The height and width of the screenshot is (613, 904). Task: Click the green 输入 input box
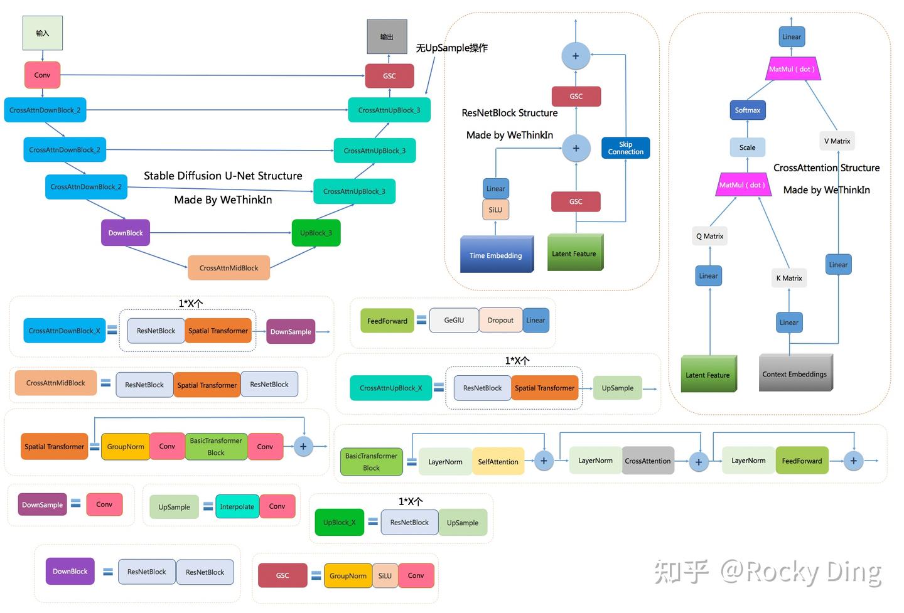point(43,33)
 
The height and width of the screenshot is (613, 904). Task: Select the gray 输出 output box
point(387,36)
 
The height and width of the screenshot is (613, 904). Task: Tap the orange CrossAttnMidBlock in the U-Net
point(229,268)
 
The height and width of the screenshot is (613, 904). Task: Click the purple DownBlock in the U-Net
point(126,233)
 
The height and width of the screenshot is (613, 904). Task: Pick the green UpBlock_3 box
point(316,233)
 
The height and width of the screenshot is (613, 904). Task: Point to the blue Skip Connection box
point(625,148)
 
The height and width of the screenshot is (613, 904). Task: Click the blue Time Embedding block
point(496,255)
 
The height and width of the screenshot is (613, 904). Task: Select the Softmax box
point(747,110)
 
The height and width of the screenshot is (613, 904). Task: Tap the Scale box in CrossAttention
point(747,147)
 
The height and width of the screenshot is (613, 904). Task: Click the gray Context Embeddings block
point(795,374)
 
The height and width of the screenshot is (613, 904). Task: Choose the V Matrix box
point(837,141)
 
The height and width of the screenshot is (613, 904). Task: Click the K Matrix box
point(789,278)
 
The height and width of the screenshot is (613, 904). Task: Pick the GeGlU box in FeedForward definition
point(454,320)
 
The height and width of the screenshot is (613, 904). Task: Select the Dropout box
point(500,320)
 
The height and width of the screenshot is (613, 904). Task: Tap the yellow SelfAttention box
point(498,462)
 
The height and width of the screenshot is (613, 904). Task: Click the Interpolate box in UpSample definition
point(237,506)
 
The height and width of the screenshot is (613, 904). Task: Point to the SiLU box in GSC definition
point(385,575)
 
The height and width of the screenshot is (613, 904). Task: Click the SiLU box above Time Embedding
point(495,210)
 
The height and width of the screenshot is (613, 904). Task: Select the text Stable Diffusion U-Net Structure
point(223,176)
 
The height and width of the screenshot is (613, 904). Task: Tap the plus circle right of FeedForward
point(853,461)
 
